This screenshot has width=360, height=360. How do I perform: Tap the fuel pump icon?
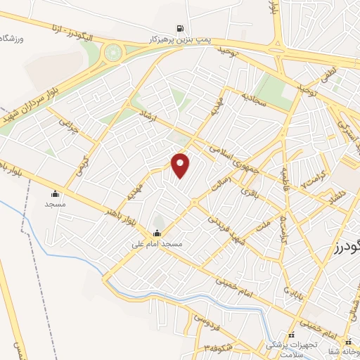(181, 29)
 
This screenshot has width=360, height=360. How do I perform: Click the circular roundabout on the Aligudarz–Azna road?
(112, 52)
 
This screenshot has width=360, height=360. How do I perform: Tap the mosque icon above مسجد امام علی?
(156, 233)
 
